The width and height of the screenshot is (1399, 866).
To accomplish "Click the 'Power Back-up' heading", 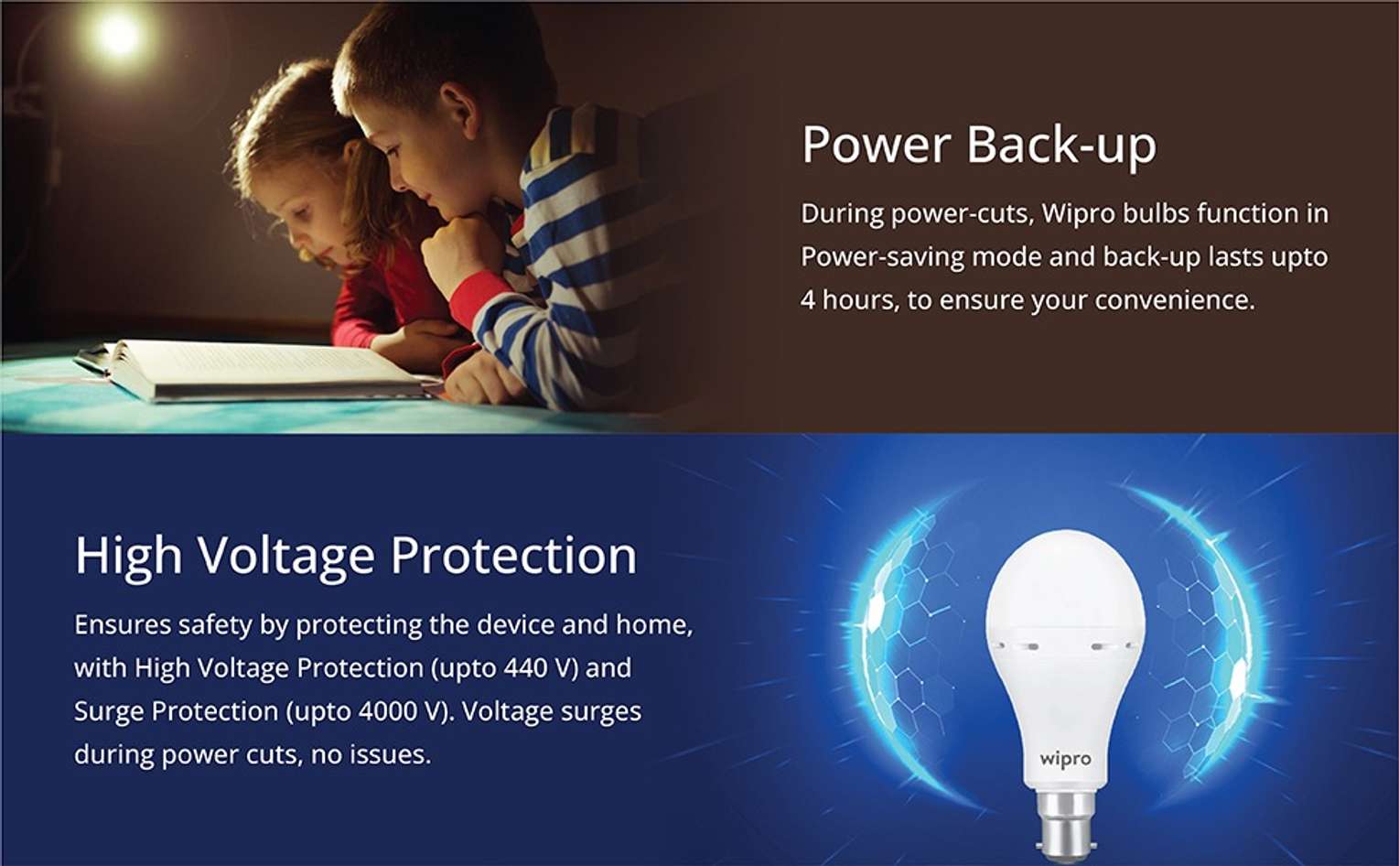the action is [x=979, y=145].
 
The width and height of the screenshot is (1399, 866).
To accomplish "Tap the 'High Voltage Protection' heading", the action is [x=356, y=556].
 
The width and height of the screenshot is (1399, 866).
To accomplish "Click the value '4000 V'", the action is [x=401, y=711].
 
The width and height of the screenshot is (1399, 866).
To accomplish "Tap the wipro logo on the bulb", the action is [x=1065, y=760].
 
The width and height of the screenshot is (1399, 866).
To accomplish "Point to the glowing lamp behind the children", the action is [x=117, y=35].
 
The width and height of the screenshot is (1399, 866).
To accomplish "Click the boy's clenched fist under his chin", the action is [x=463, y=250].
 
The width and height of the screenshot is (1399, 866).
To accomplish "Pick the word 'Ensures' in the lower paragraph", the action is [x=123, y=624].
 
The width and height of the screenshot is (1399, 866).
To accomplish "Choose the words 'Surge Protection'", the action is [x=176, y=711].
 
